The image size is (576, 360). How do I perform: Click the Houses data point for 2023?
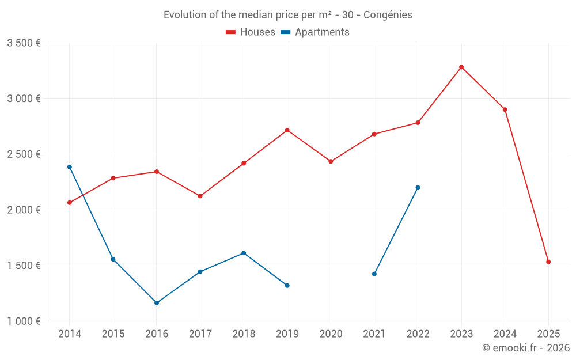tap(461, 67)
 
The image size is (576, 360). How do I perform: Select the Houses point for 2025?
tap(548, 262)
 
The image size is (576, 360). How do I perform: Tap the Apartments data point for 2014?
tap(70, 167)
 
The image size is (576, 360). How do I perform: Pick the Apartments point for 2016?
tap(157, 303)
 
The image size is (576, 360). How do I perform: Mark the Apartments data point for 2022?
tap(418, 187)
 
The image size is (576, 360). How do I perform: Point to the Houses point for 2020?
tap(331, 161)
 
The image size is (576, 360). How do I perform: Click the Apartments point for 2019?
tap(287, 286)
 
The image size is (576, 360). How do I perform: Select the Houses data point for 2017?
tap(200, 196)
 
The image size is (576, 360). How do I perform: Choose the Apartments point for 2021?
tap(374, 274)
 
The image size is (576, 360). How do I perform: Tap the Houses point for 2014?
tap(70, 203)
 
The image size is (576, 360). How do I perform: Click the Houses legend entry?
tap(251, 32)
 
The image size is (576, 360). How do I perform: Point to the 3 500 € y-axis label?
tap(24, 43)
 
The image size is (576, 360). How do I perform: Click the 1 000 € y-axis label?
tap(24, 321)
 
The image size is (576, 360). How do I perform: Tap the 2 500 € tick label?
tap(24, 154)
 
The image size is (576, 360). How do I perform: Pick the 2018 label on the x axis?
tap(244, 334)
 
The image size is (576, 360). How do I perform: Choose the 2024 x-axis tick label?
tap(505, 334)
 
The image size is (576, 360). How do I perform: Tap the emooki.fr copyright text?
tap(526, 348)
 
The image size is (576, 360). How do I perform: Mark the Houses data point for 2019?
tap(287, 130)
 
